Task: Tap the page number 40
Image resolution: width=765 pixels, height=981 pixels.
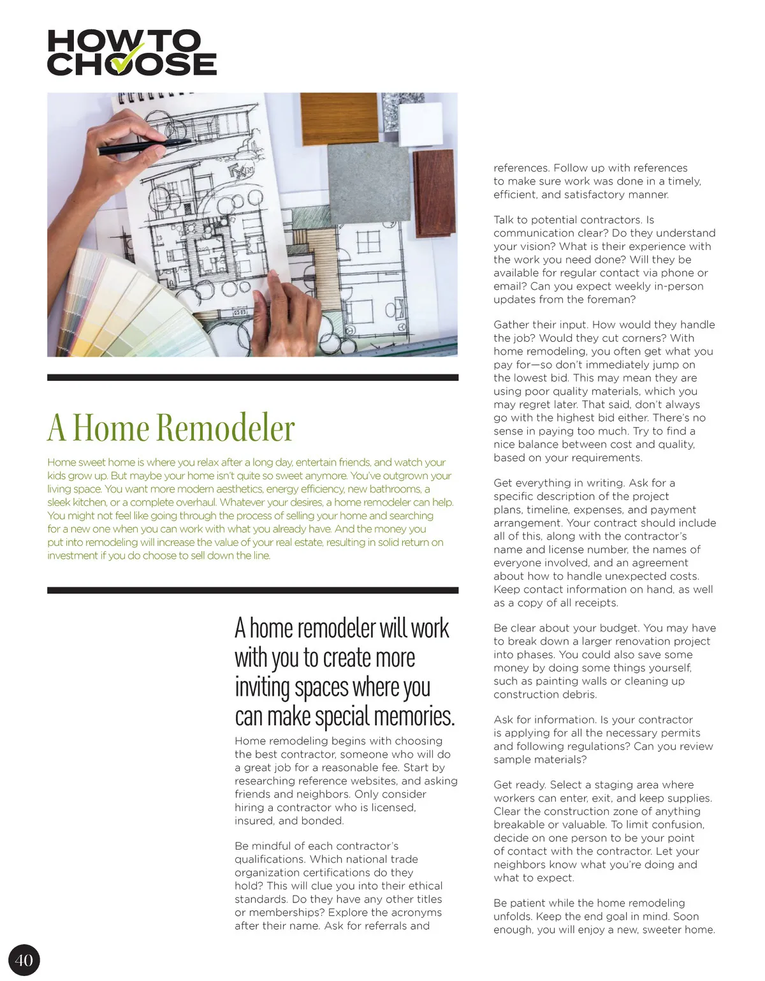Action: (x=24, y=960)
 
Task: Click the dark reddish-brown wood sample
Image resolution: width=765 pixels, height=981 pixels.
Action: (x=433, y=184)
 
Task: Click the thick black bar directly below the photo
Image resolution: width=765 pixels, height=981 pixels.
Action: (x=252, y=378)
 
